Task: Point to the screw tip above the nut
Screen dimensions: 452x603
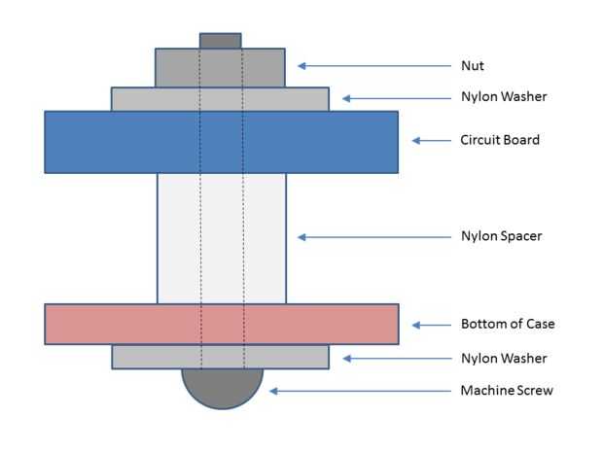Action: (221, 41)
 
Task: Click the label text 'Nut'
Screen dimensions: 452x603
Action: (472, 67)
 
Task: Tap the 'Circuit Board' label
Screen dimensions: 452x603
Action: (499, 140)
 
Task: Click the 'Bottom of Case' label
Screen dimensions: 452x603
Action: (507, 324)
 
